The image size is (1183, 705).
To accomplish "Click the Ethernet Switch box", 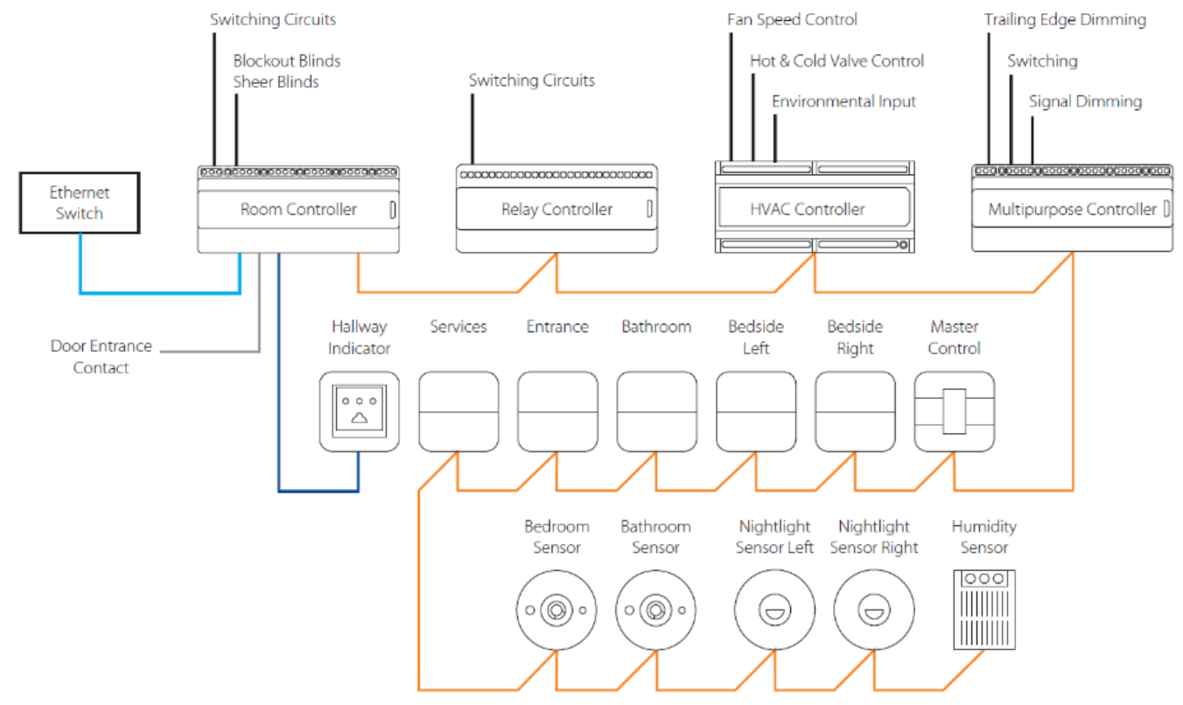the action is point(80,203).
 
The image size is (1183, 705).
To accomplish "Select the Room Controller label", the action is point(298,210).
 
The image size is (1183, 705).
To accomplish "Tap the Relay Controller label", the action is point(556,210).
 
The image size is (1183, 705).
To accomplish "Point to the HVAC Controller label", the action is point(808,210).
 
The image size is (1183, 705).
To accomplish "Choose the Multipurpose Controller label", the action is point(1072,210).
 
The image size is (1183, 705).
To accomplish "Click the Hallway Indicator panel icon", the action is point(359,411).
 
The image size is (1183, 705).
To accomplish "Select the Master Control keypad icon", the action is point(955,411).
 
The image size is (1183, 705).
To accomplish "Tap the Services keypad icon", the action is point(458,411).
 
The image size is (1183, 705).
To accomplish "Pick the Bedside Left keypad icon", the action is point(756,411).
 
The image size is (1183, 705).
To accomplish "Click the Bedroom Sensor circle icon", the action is point(556,610).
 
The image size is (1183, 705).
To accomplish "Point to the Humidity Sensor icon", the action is point(984,610).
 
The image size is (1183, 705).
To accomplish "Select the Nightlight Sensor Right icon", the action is point(874,610).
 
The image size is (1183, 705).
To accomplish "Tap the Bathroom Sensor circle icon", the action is point(656,610).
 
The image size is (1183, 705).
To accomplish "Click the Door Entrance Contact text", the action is point(101,357).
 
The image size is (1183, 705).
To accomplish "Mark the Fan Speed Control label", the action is point(792,19).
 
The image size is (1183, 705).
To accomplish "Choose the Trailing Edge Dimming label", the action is point(1065,19).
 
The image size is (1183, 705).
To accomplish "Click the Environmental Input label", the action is point(844,101).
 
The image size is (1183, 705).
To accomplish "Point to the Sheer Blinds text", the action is point(276,82).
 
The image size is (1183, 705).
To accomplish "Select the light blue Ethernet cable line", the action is point(160,292).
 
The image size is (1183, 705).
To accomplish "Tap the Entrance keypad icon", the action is point(557,411).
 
